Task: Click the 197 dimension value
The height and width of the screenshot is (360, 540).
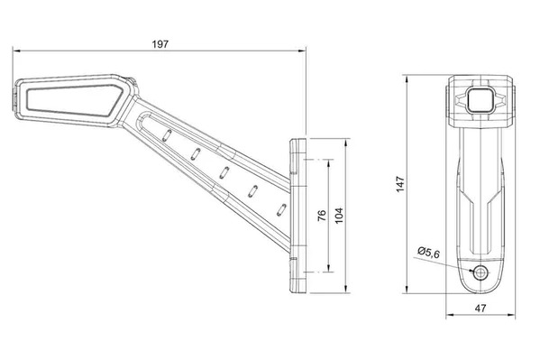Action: tap(160, 44)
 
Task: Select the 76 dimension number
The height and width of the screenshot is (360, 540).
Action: tap(321, 216)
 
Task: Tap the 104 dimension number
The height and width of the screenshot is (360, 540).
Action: tap(339, 216)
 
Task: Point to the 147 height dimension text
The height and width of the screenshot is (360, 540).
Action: tap(400, 184)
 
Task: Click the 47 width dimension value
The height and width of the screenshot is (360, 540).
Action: tap(481, 308)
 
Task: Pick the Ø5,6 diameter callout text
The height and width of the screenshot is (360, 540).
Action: tap(428, 253)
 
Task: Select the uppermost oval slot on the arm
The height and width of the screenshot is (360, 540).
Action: tap(167, 134)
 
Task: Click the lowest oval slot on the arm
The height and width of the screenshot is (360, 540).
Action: tap(281, 209)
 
